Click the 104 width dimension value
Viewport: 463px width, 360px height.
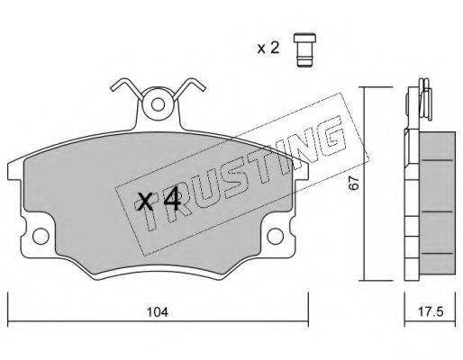pyautogui.click(x=158, y=312)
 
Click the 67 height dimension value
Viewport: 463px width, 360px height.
pyautogui.click(x=354, y=183)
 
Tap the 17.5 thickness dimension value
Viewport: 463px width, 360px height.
pyautogui.click(x=431, y=312)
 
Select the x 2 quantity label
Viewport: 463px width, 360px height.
pyautogui.click(x=268, y=48)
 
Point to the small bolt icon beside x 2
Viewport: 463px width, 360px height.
pyautogui.click(x=304, y=49)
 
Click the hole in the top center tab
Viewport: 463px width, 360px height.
pyautogui.click(x=158, y=104)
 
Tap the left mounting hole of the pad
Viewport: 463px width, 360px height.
pyautogui.click(x=41, y=236)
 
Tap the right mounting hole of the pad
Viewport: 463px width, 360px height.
pyautogui.click(x=276, y=236)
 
